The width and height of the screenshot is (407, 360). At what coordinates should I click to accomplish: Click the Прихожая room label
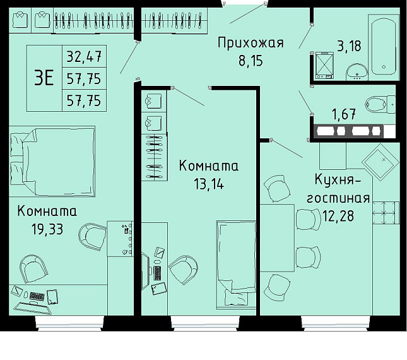251,43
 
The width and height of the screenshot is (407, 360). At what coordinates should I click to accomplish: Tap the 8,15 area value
251,61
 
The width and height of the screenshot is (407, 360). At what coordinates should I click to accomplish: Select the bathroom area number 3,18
349,46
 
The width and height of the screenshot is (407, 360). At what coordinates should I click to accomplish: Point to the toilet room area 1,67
344,114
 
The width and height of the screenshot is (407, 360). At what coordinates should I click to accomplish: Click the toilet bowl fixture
380,104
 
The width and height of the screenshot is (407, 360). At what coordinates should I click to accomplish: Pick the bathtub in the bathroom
384,47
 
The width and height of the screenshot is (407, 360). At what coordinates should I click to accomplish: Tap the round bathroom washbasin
357,71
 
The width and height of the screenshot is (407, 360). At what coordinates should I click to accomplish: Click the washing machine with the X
324,65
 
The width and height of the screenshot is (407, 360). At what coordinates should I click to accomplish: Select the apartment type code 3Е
44,78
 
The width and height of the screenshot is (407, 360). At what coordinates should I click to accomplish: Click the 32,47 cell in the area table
84,57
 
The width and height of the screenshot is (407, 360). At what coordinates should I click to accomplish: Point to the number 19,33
47,229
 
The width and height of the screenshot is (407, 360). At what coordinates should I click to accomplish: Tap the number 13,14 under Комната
209,184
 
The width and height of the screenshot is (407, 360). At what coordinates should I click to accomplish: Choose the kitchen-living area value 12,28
338,215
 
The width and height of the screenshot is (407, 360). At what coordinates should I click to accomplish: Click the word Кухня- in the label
338,179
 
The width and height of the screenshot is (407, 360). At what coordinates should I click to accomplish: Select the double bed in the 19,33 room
52,161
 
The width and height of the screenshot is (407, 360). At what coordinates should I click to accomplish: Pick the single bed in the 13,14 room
236,265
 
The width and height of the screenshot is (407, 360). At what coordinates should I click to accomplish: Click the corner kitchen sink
380,162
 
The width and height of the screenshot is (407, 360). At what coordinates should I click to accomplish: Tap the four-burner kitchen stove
386,212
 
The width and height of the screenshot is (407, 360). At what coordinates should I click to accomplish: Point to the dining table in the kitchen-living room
277,238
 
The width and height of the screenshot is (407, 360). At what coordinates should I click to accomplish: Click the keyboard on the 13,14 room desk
157,273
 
